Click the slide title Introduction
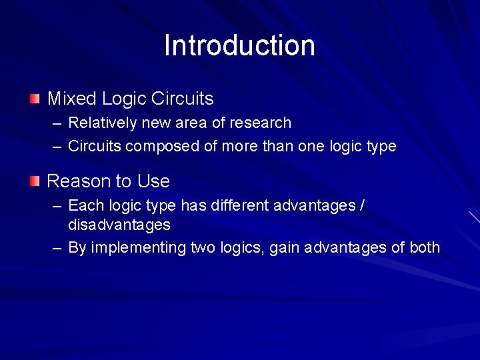pyautogui.click(x=239, y=46)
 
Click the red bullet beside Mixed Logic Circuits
pyautogui.click(x=35, y=99)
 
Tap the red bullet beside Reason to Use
pyautogui.click(x=35, y=181)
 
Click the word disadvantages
pyautogui.click(x=119, y=225)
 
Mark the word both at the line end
pyautogui.click(x=425, y=248)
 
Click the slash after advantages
pyautogui.click(x=361, y=205)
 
